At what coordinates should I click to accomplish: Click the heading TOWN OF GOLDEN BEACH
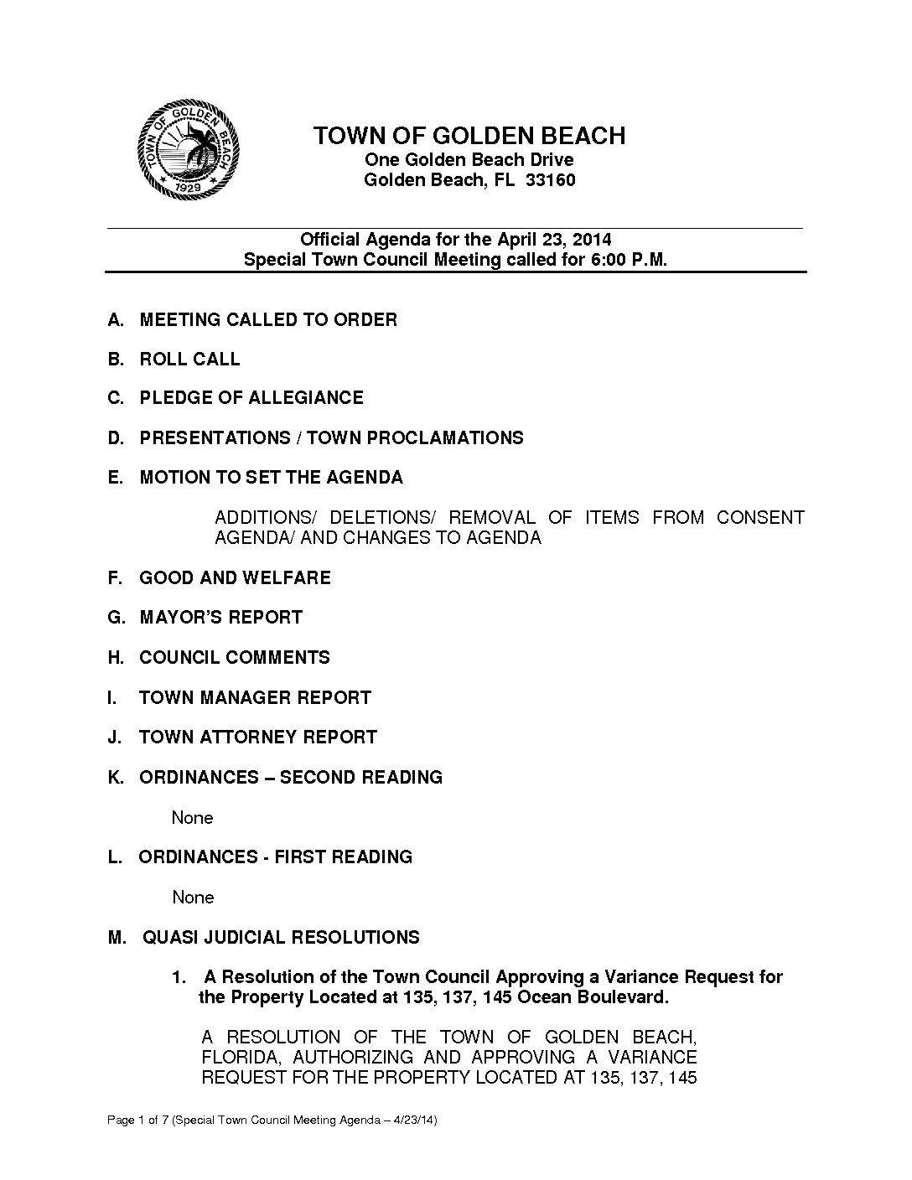(x=469, y=136)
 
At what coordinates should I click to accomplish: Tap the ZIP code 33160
(x=550, y=180)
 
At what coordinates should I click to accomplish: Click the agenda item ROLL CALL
(x=189, y=360)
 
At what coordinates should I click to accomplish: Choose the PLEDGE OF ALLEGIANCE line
(x=251, y=398)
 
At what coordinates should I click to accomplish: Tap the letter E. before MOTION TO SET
(x=116, y=478)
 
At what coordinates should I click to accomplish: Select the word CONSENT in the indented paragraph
(x=759, y=518)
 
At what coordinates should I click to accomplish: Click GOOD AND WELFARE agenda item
(x=235, y=578)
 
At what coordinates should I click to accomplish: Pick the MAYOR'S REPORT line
(x=220, y=618)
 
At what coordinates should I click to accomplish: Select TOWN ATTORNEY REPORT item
(x=257, y=737)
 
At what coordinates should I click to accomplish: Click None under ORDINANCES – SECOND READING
(x=192, y=818)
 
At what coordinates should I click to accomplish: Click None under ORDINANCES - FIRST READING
(x=193, y=898)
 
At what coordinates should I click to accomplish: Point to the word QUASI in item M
(x=168, y=938)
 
